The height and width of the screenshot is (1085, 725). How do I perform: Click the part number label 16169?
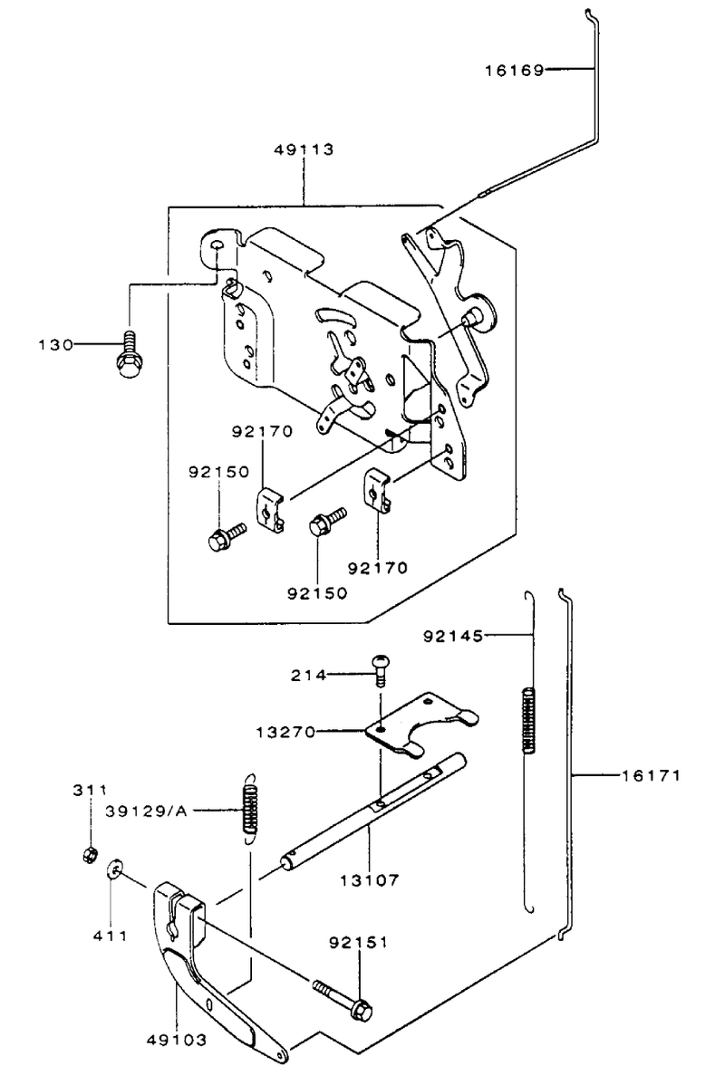click(514, 70)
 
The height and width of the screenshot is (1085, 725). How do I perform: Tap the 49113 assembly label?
click(304, 149)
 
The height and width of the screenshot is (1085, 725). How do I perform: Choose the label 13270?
click(285, 732)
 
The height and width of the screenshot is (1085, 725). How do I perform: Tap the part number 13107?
click(370, 880)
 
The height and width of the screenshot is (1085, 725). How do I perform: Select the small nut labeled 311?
click(89, 856)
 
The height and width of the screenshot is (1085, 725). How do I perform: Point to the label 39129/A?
click(147, 811)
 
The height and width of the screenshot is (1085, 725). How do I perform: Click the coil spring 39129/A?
click(250, 807)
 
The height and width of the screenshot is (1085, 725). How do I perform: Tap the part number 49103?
click(177, 1039)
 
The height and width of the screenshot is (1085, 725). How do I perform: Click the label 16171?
click(650, 775)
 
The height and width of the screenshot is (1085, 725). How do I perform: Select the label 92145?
click(453, 635)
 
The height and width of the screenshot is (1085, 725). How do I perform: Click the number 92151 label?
click(359, 943)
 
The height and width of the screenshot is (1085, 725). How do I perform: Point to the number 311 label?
click(91, 790)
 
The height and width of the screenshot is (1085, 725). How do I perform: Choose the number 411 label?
click(111, 936)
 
